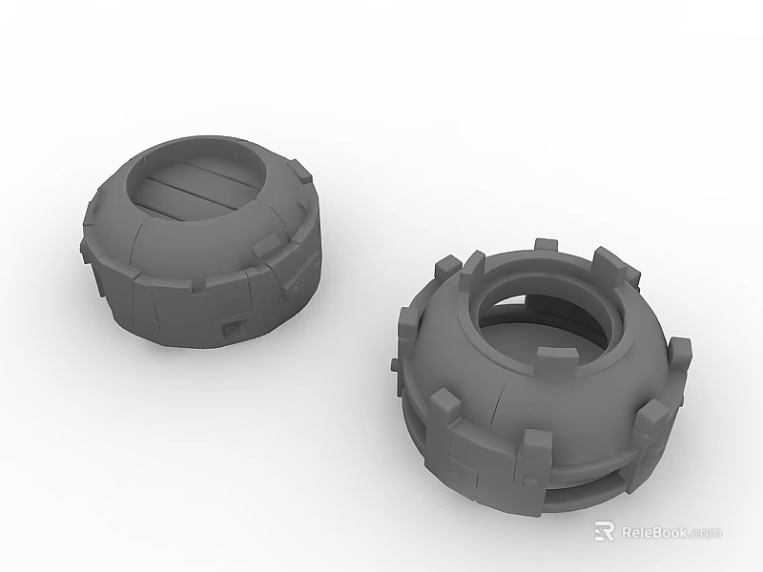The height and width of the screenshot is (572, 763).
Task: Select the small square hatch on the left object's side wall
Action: coord(233,329)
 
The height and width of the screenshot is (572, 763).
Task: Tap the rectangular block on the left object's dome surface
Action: coord(269,246)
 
